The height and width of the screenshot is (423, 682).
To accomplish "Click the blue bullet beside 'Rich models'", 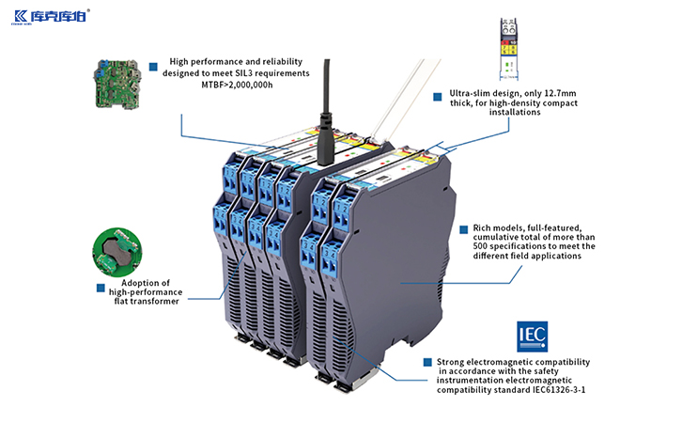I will (463, 228).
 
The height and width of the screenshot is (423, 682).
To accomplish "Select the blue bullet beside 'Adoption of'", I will (101, 287).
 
